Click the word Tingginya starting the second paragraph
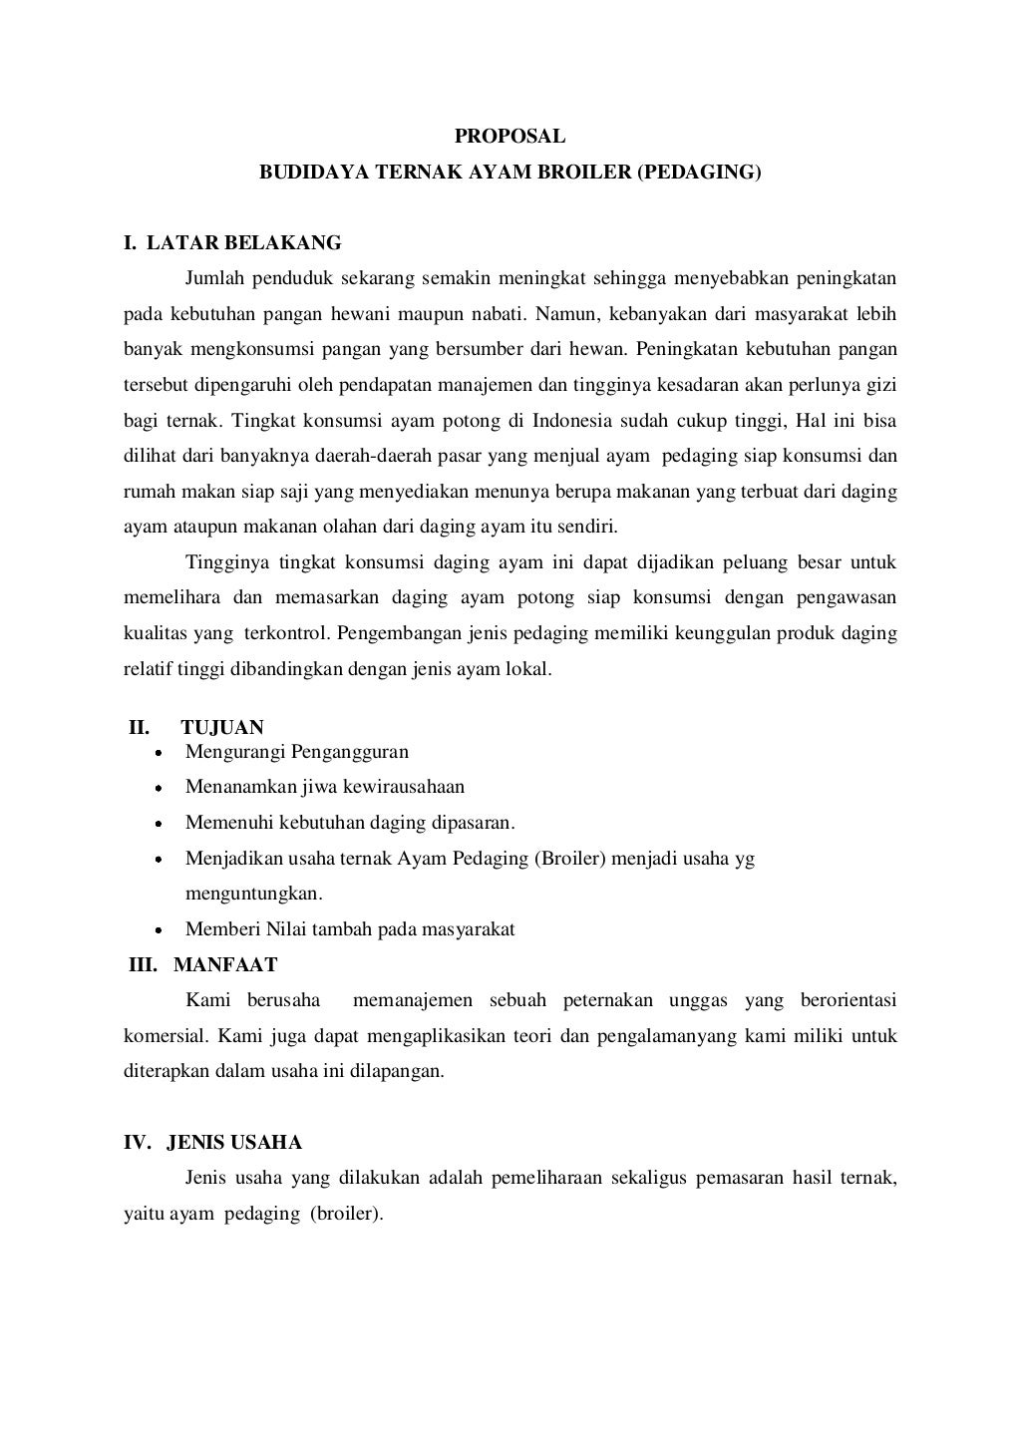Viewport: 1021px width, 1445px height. tap(222, 562)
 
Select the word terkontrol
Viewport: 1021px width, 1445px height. tap(287, 633)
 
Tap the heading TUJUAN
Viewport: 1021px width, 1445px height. tap(222, 728)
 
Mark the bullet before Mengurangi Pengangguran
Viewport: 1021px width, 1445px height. tap(158, 753)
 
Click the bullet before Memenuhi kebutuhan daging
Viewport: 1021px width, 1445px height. tap(158, 825)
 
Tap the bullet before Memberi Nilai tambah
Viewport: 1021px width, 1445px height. tap(158, 930)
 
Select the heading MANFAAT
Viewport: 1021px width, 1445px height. tap(225, 965)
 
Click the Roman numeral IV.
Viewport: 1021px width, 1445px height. tap(137, 1143)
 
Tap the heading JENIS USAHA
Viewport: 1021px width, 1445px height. tap(234, 1143)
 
